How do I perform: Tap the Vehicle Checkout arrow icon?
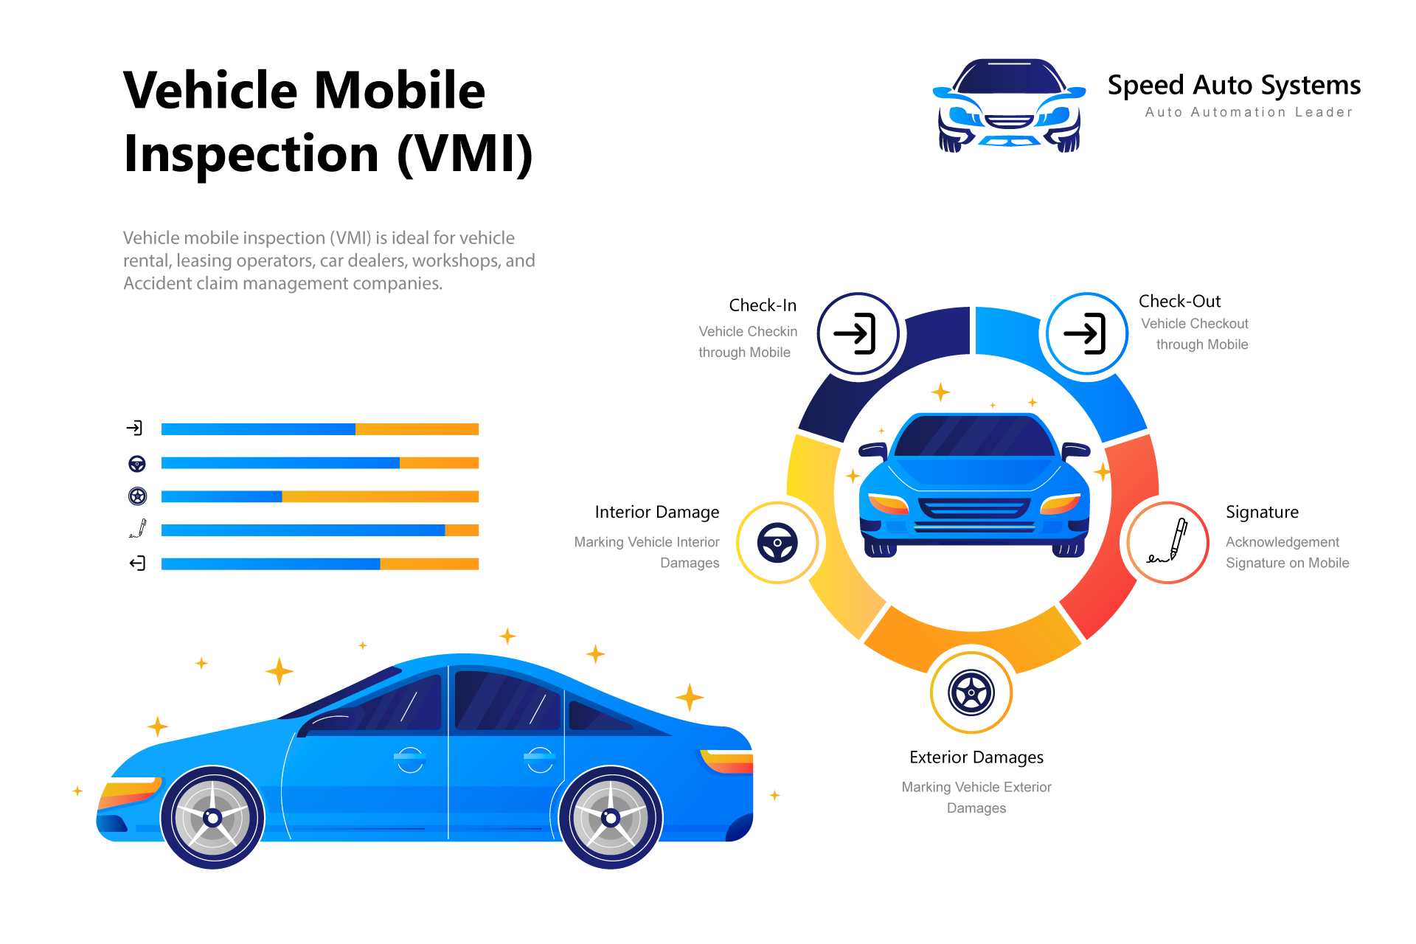click(x=1086, y=334)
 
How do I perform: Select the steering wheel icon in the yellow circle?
click(x=777, y=543)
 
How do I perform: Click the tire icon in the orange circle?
click(x=971, y=693)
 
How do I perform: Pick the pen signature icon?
click(x=1168, y=543)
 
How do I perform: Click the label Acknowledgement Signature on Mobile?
click(x=1287, y=552)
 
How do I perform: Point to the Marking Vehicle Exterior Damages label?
click(x=976, y=797)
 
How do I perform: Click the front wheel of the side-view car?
click(x=212, y=817)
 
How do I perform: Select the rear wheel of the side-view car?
click(x=611, y=817)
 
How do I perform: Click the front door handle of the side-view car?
click(x=409, y=757)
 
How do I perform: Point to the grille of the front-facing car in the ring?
click(x=974, y=508)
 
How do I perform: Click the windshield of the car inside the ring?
click(x=974, y=436)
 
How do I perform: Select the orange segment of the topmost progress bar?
click(x=417, y=429)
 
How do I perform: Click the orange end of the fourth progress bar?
click(x=462, y=530)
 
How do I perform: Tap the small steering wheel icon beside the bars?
click(x=137, y=463)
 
